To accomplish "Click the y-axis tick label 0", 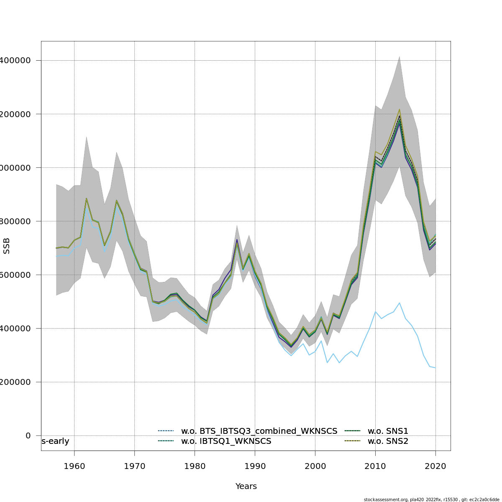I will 28,435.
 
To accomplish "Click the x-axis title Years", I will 246,487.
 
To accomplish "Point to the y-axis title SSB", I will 6,246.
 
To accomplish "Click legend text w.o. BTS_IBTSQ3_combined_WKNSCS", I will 259,431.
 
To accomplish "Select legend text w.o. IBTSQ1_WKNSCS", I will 226,441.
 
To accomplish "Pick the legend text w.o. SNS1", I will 388,431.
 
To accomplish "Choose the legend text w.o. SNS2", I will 388,441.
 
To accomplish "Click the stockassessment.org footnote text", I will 431,499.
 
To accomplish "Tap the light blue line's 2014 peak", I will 400,303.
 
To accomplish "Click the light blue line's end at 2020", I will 435,368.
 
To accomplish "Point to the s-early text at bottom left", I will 55,441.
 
